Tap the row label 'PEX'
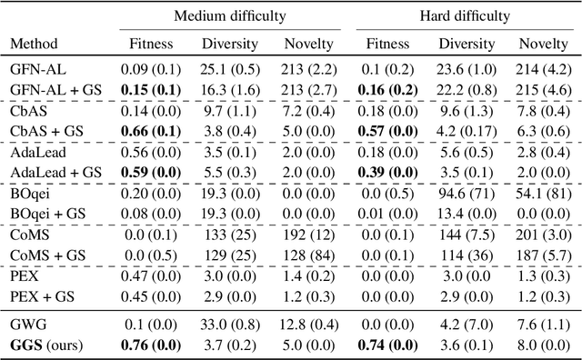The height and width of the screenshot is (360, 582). click(22, 277)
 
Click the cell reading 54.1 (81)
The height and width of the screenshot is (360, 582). click(544, 194)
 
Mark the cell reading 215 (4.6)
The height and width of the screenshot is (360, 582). click(544, 86)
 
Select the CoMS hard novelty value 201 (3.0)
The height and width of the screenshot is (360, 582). click(544, 235)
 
